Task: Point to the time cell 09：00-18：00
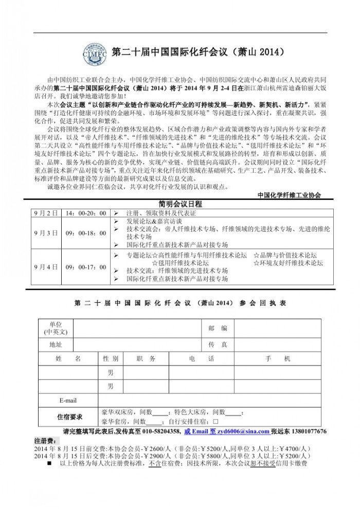pyautogui.click(x=86, y=232)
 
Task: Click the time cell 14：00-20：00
pyautogui.click(x=86, y=213)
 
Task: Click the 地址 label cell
pyautogui.click(x=56, y=344)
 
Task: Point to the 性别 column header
pyautogui.click(x=111, y=359)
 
